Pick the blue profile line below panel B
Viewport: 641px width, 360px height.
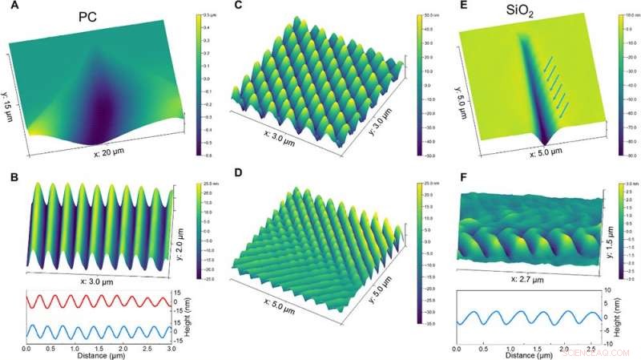[x=96, y=330]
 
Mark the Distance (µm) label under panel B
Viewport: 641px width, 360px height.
[x=96, y=354]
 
